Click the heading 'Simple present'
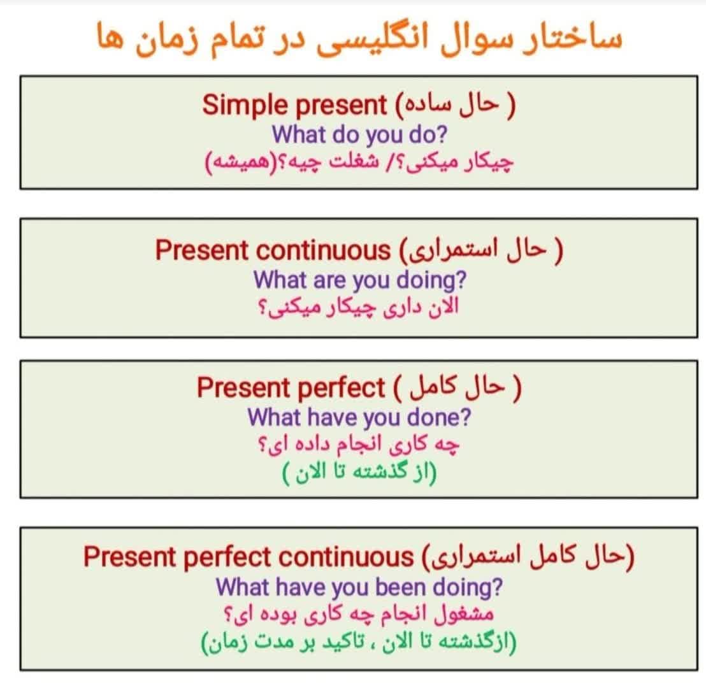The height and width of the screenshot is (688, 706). (294, 106)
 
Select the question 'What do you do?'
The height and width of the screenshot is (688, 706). (359, 134)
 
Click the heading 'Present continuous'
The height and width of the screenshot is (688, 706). (273, 250)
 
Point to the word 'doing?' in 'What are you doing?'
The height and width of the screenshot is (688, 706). (431, 280)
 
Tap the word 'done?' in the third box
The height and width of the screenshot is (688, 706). (439, 417)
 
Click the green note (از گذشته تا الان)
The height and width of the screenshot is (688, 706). (359, 472)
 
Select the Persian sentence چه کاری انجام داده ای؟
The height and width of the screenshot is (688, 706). (358, 445)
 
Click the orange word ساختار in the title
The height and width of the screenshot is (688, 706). (572, 38)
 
